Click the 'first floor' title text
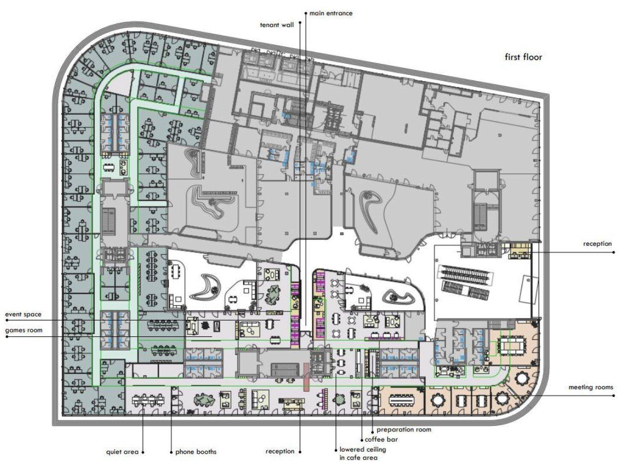click(523, 57)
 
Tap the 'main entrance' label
click(331, 13)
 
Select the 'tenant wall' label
click(277, 25)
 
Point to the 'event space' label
click(24, 315)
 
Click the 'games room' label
click(24, 330)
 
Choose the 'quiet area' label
click(122, 452)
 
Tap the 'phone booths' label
click(196, 452)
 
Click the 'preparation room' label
click(404, 429)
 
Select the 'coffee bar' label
click(381, 440)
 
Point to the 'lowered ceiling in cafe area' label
click(362, 453)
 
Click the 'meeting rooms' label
click(591, 387)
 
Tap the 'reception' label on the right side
click(597, 244)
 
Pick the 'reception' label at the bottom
click(280, 451)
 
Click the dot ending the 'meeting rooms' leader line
click(614, 396)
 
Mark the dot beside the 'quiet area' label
click(143, 452)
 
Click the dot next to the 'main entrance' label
click(306, 13)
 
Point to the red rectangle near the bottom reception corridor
click(306, 377)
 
